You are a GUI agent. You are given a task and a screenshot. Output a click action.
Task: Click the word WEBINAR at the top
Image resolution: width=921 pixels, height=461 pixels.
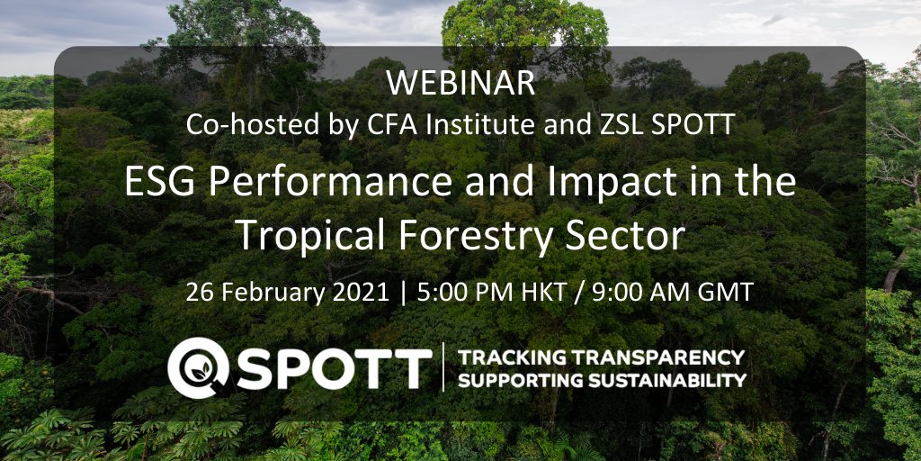coord(460,84)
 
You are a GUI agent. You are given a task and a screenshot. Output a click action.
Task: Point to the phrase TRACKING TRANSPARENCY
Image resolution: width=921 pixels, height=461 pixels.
coord(602,356)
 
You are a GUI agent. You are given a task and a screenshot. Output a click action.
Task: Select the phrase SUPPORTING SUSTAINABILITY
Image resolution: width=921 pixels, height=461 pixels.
coord(602,379)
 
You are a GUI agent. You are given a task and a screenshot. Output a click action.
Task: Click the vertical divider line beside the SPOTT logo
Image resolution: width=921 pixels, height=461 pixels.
coord(443,367)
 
